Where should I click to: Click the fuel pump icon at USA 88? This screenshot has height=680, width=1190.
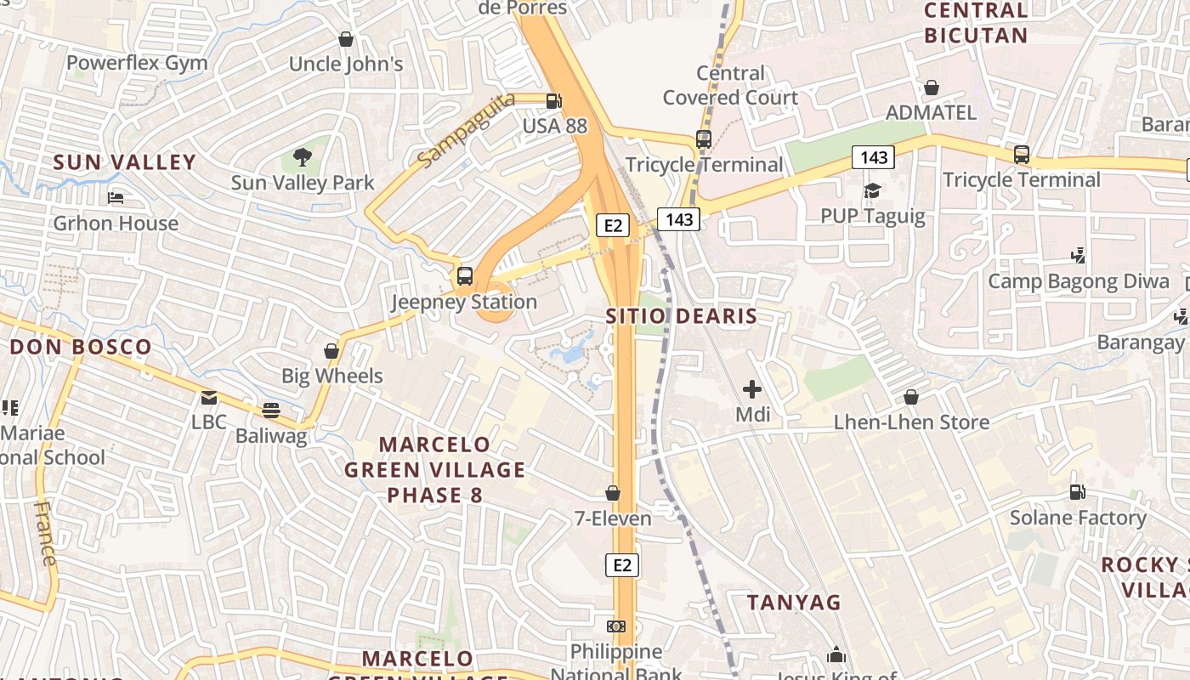[554, 101]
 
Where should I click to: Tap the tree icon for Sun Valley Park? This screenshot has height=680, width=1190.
[302, 156]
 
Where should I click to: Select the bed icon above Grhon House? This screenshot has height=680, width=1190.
[116, 198]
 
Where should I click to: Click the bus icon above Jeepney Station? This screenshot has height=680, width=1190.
[464, 275]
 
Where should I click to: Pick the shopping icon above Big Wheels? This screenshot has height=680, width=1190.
[331, 351]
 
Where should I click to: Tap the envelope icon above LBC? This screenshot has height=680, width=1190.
[208, 397]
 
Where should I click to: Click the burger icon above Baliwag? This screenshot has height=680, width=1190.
[271, 411]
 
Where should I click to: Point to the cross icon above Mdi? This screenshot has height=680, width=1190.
[752, 389]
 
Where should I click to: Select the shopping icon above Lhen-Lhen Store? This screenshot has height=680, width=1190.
[911, 397]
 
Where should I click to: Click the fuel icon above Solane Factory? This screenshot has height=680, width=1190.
[1077, 492]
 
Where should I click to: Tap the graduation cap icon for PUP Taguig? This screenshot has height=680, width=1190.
[872, 190]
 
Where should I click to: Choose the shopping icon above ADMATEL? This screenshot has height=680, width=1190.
[932, 88]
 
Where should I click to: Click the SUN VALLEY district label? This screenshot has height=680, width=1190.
[125, 162]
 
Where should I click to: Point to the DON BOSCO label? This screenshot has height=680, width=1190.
[81, 347]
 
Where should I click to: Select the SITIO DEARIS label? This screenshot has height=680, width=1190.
[681, 317]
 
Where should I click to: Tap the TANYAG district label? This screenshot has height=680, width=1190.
[794, 603]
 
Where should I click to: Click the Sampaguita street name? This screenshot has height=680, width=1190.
[467, 130]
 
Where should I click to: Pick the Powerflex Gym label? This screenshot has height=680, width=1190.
[137, 63]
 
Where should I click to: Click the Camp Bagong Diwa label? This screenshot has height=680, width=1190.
[1078, 281]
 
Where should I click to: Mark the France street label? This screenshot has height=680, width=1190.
[46, 533]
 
